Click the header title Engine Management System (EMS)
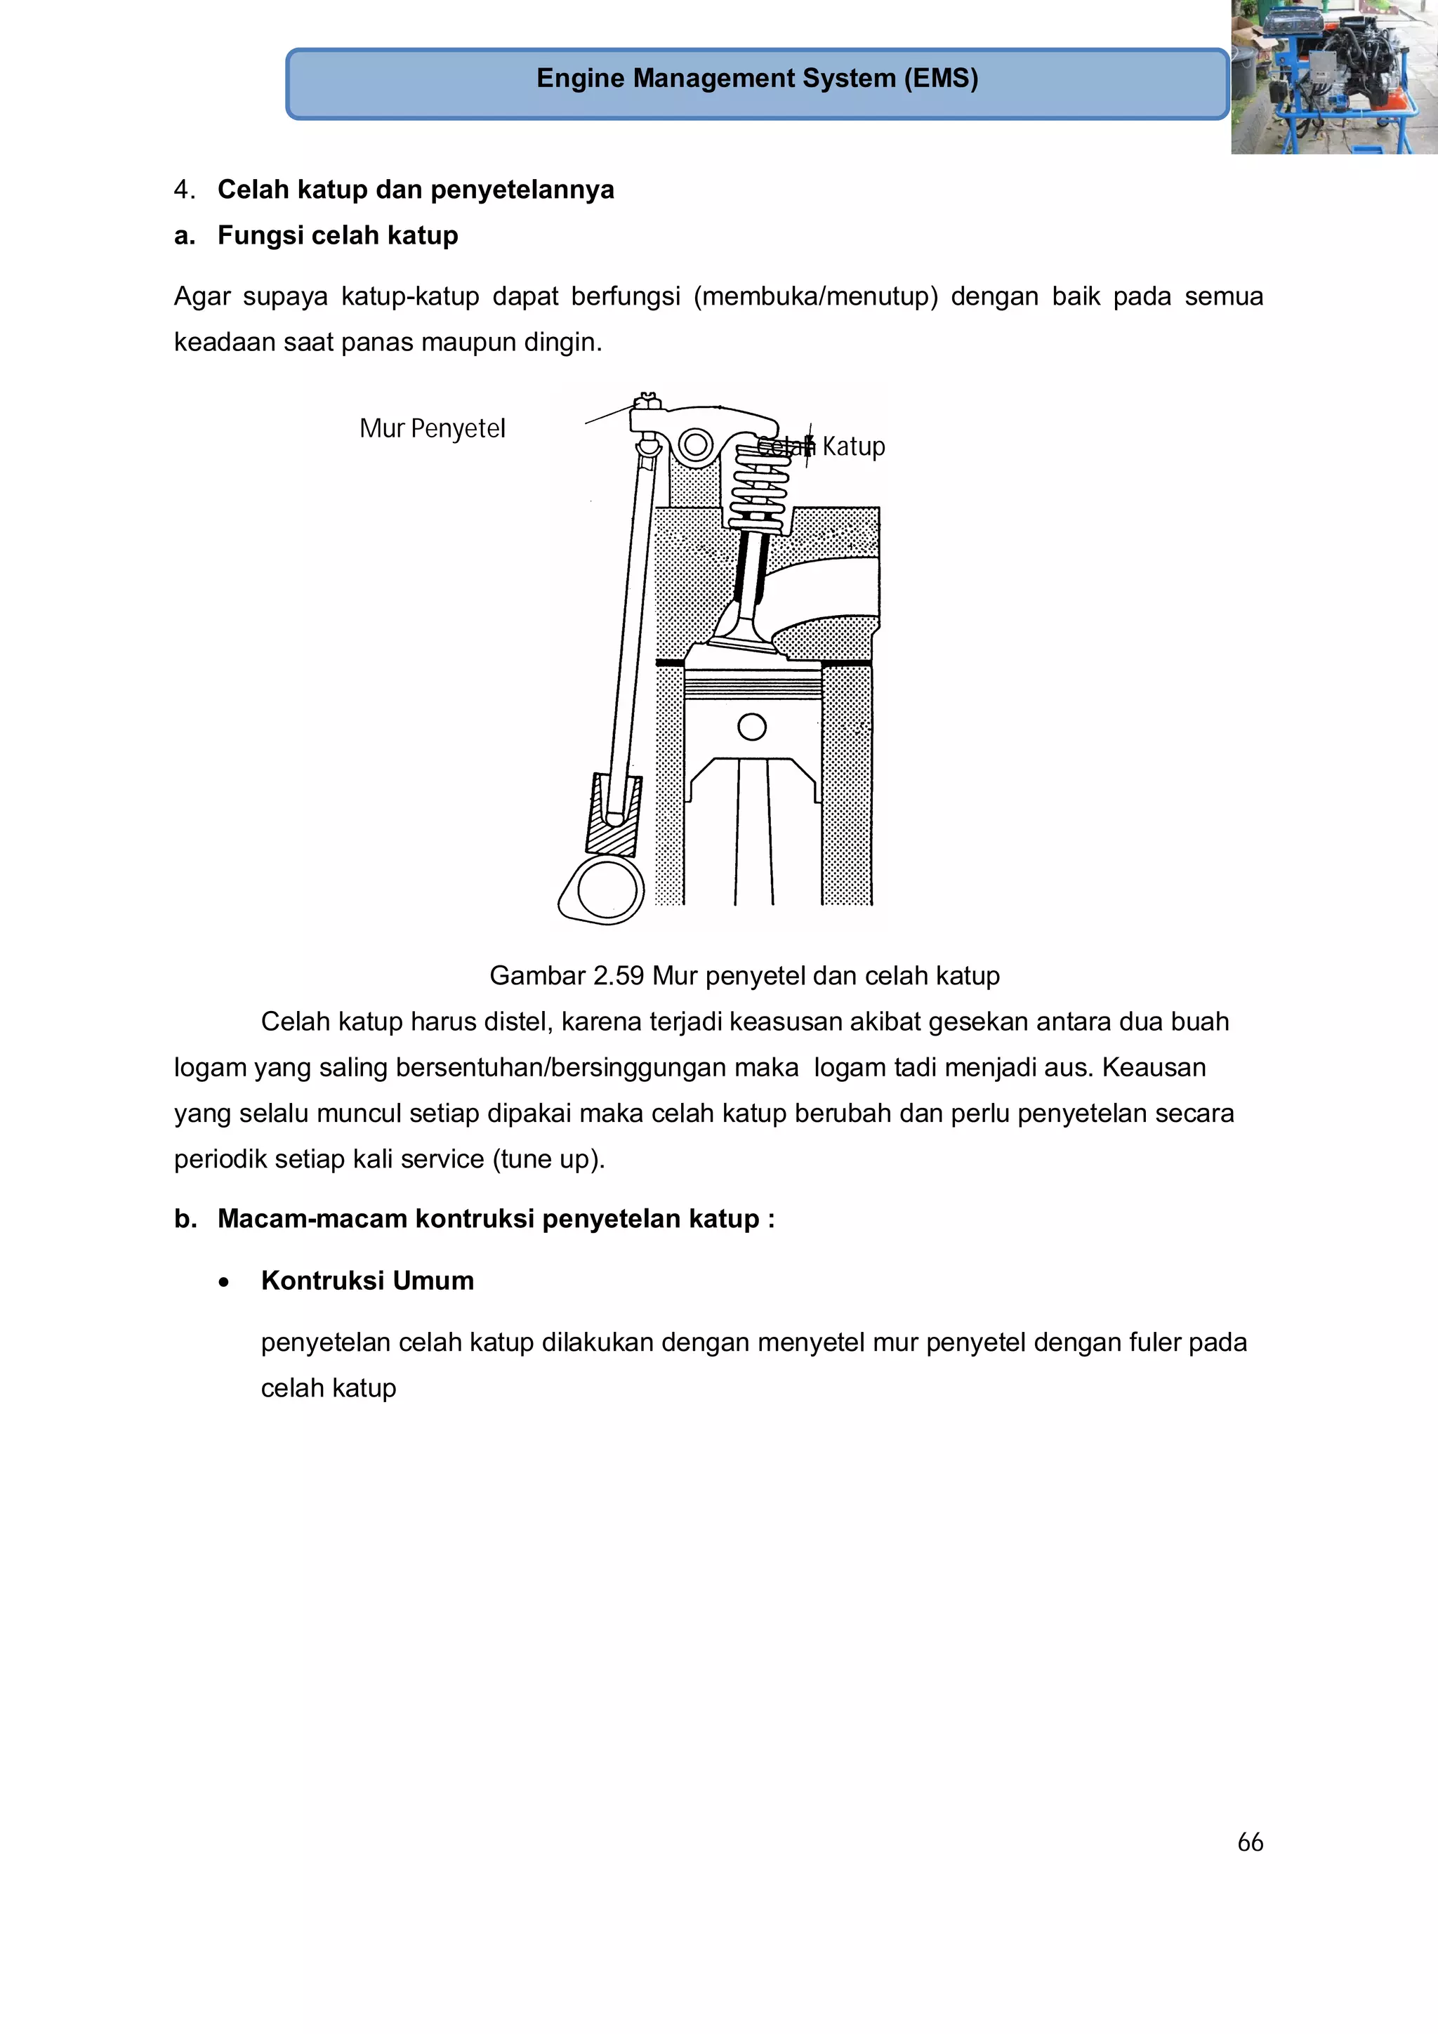[757, 78]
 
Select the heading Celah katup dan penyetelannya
[416, 190]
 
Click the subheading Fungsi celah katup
[338, 236]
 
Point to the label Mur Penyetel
[433, 429]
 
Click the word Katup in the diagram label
[853, 447]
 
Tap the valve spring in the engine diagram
[759, 487]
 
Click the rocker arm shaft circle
[696, 444]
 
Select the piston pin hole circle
[751, 727]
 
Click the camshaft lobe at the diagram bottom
[605, 890]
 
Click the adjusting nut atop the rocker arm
[647, 403]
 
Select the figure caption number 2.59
[619, 975]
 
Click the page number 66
[1249, 1842]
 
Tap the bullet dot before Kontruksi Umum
[224, 1282]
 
